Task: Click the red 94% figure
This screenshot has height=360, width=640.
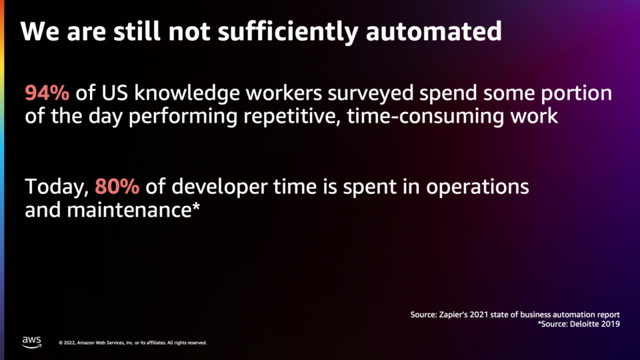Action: coord(47,93)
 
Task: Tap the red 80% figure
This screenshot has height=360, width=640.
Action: coord(117,187)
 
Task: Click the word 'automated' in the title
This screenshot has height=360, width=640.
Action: coord(434,31)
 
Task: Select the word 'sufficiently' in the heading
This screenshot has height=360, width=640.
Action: coord(288,32)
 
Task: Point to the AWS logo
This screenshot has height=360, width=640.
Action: coord(32,342)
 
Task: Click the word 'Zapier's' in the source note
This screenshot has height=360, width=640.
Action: coord(453,315)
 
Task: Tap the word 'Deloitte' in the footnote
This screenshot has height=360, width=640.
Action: coord(584,324)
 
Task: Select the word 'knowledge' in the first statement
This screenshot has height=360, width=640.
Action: coord(187,94)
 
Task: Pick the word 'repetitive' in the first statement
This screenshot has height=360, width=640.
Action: coord(292,117)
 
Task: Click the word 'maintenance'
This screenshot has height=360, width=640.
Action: coord(129,210)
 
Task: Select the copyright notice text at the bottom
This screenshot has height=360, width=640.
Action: coord(133,343)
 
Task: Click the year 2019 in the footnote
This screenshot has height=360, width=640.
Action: coord(611,324)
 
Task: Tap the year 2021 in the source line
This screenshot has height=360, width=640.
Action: coord(479,315)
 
